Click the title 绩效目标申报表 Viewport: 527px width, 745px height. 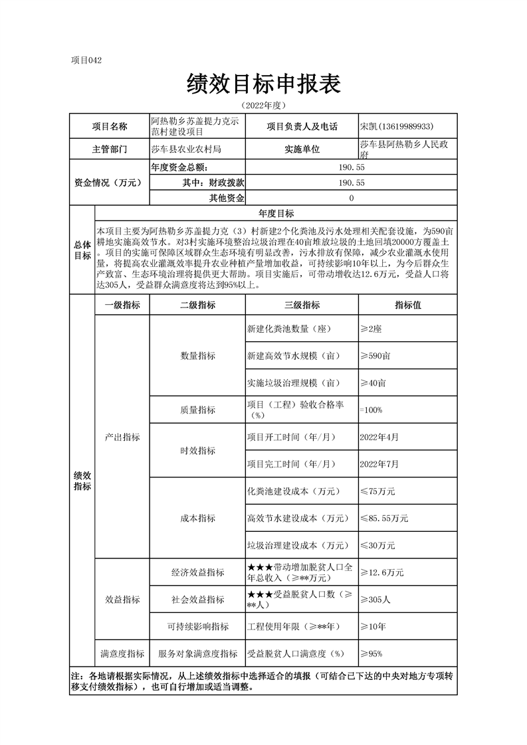(264, 84)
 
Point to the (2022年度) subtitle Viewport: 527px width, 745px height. (264, 106)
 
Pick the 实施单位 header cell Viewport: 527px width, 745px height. (302, 149)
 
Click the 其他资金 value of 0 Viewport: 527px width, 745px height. (351, 198)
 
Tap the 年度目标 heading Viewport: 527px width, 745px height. (276, 213)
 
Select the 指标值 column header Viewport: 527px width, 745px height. (407, 305)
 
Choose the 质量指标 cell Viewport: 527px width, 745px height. (197, 410)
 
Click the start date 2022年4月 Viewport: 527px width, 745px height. (379, 437)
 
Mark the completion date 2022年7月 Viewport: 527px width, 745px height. (379, 463)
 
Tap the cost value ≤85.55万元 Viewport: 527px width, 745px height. (383, 518)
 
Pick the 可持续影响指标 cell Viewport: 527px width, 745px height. (197, 626)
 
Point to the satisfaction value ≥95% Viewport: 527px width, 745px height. (371, 653)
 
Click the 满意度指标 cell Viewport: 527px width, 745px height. (122, 653)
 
